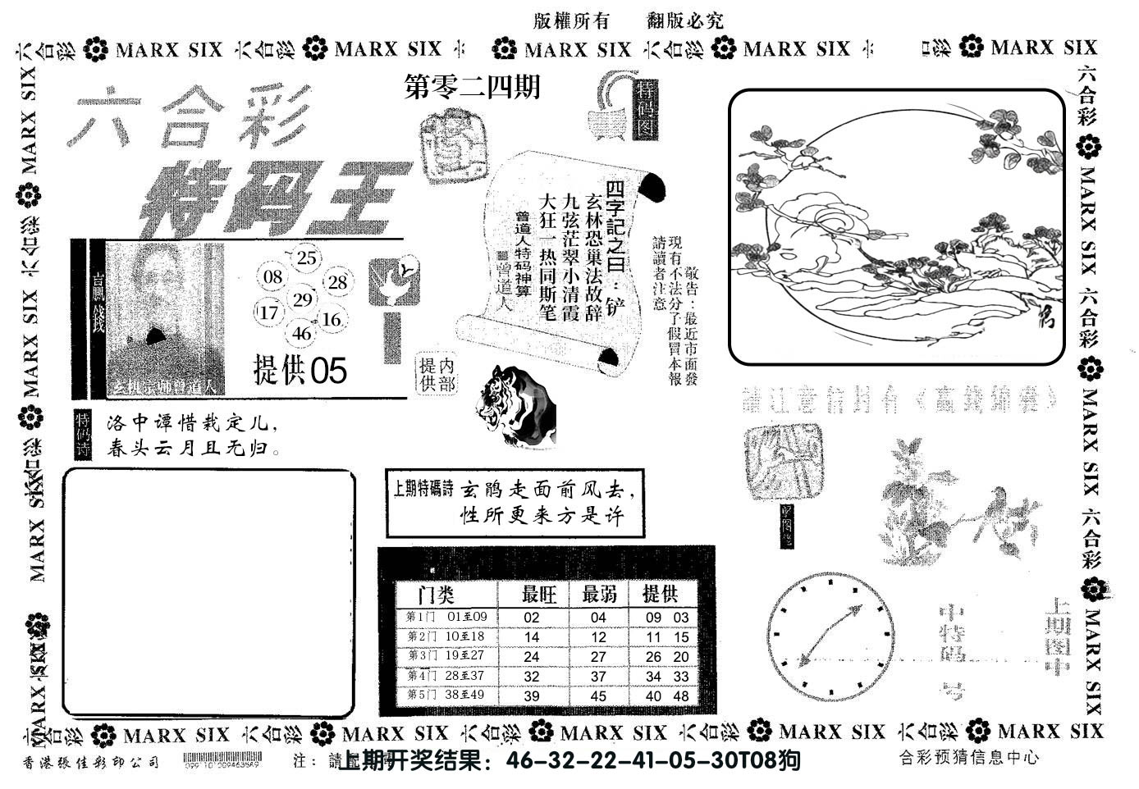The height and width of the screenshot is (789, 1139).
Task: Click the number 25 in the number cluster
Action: coord(305,258)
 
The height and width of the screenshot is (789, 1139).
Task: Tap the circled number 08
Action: coord(273,277)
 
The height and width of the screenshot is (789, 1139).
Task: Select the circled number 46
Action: coord(302,333)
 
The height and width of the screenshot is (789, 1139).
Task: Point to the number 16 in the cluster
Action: coord(332,319)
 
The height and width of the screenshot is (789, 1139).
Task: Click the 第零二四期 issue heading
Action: coord(473,87)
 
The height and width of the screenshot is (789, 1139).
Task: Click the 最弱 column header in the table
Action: coord(599,593)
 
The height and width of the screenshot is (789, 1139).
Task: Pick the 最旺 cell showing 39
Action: coord(532,696)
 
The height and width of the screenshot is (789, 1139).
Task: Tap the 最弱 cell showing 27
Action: coord(598,656)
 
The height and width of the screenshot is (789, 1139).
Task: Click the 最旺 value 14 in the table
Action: coord(532,636)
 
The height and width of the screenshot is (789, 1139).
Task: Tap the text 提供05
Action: coord(300,372)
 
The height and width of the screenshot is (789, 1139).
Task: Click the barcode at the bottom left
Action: coord(222,760)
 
